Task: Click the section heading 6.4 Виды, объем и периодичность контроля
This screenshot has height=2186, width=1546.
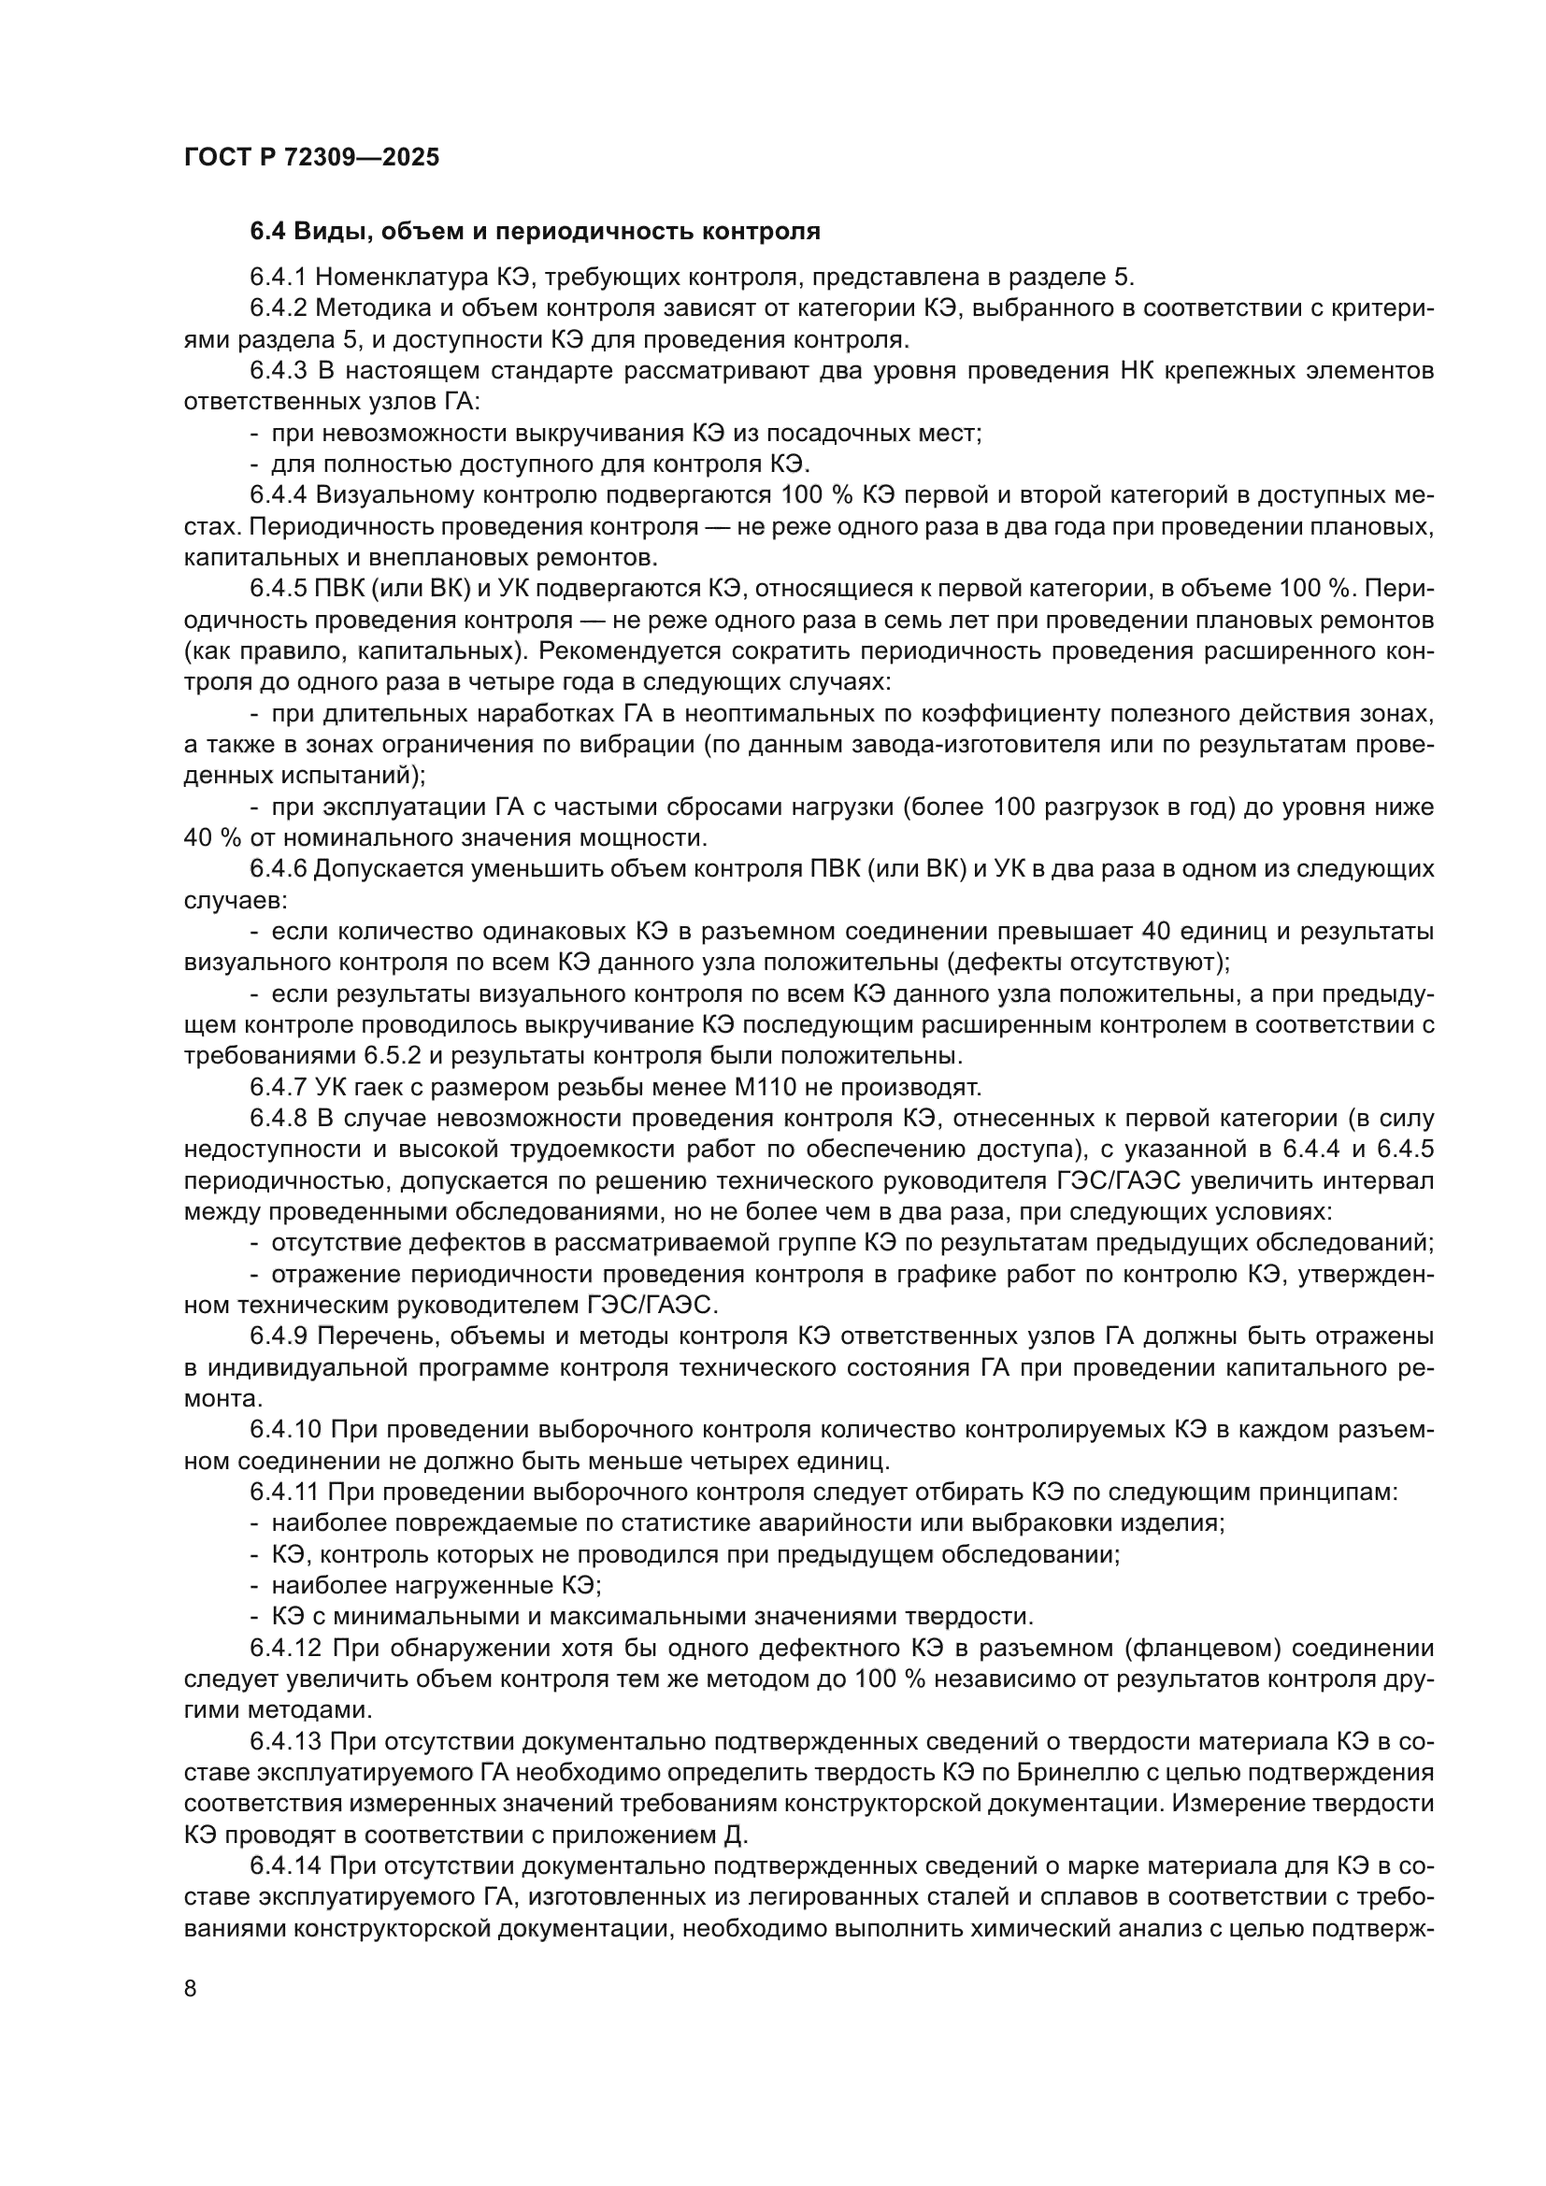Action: (x=535, y=232)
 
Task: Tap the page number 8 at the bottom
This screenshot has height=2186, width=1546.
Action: (x=191, y=1989)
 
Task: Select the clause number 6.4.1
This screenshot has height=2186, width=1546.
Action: (x=278, y=277)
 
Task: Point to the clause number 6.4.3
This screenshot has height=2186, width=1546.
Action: (x=278, y=370)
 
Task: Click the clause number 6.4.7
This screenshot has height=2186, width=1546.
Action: (x=278, y=1086)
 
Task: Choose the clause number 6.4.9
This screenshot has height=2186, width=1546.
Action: (x=278, y=1336)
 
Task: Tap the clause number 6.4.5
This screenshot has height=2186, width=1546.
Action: (x=278, y=590)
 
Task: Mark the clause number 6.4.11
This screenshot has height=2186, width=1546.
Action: (x=285, y=1492)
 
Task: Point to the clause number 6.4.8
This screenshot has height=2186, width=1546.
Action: (x=278, y=1118)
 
